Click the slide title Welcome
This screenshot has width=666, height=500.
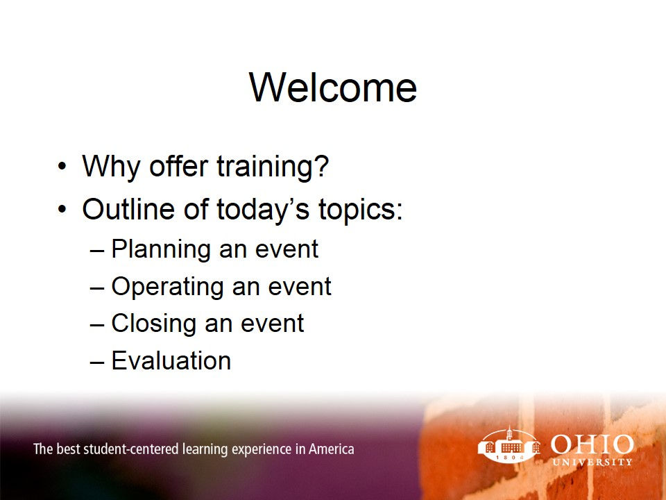pos(333,88)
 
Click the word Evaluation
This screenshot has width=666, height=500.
pos(171,361)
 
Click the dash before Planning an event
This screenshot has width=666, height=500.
pos(98,250)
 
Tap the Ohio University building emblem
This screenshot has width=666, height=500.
pos(509,446)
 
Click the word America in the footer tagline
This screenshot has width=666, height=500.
pos(331,449)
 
